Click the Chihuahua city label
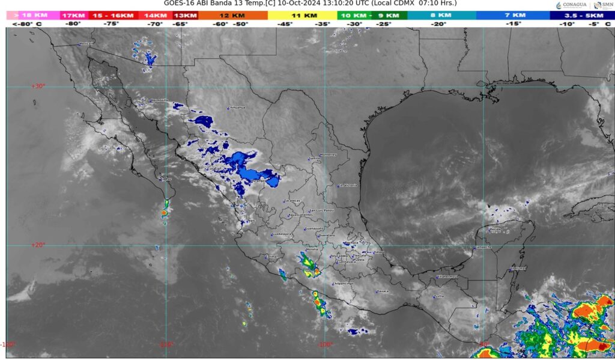237,108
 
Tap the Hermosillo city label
159,100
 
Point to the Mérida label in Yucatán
494,230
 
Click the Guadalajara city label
282,234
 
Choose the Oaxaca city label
383,291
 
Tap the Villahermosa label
447,276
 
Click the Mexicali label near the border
88,44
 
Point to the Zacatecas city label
292,201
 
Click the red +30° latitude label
38,86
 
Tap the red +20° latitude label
38,245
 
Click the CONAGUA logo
570,5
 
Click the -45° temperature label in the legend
285,24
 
